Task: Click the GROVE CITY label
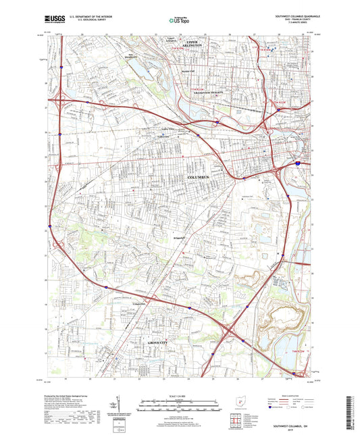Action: tap(162, 344)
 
